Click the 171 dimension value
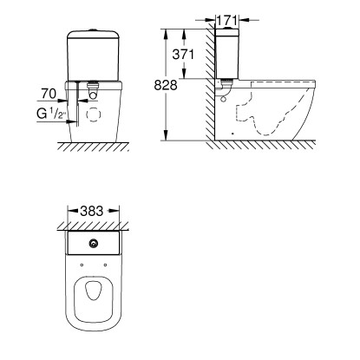227,21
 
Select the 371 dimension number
183,54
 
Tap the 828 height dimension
166,85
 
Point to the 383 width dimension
92,211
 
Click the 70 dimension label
49,94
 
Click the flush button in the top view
94,245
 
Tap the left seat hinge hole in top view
82,265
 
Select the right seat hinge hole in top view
105,265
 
